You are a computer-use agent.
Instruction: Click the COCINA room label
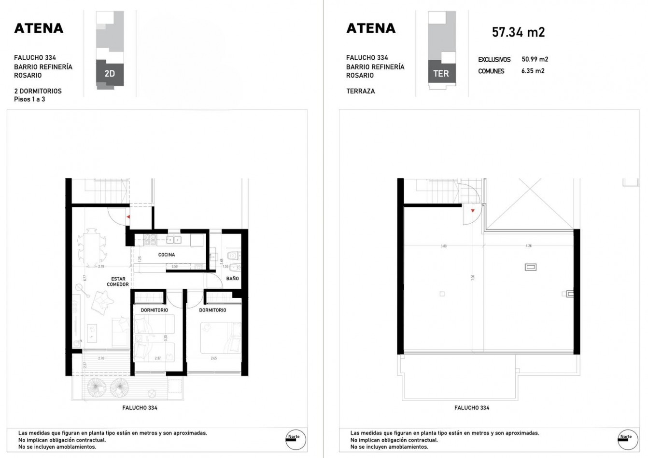pos(167,255)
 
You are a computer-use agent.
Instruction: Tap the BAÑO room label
pos(232,279)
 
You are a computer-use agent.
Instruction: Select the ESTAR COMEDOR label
pos(118,282)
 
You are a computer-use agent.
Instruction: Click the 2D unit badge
pos(110,74)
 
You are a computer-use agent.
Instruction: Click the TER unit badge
pos(441,74)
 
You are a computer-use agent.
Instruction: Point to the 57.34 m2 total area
pos(518,32)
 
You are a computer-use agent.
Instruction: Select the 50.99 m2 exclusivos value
pos(535,59)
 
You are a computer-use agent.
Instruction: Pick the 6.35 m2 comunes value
pos(533,71)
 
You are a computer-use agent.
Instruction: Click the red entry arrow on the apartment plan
pos(128,217)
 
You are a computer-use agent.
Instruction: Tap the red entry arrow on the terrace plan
pos(472,211)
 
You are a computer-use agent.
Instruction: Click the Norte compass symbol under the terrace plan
pos(626,439)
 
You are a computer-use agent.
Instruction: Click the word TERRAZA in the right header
pos(360,91)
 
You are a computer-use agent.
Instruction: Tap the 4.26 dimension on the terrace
pos(528,246)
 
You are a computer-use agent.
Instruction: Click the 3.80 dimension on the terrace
pos(443,246)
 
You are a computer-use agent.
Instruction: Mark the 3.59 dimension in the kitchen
pos(174,266)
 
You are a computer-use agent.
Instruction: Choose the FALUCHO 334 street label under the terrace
pos(472,408)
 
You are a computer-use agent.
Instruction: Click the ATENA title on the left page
pos(39,28)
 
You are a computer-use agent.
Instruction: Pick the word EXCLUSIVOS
pos(494,60)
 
